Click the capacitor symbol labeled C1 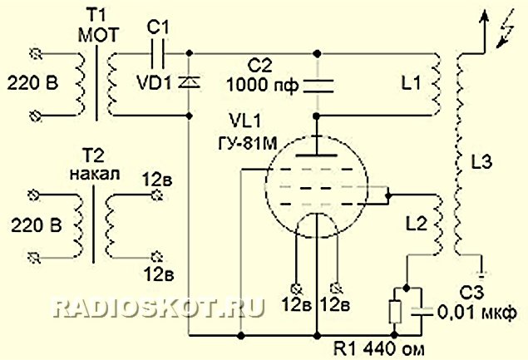coord(158,53)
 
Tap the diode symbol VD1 coord(189,81)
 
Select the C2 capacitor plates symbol coord(318,86)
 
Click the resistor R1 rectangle coord(395,312)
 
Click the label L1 coord(411,81)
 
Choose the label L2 coord(417,224)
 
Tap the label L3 coord(481,161)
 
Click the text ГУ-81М coord(248,144)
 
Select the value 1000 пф coord(263,85)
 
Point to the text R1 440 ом coord(379,349)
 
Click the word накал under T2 coord(95,174)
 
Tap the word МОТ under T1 coord(98,35)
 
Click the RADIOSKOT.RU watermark coord(158,308)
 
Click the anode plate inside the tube coord(317,155)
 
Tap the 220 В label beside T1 coord(32,82)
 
